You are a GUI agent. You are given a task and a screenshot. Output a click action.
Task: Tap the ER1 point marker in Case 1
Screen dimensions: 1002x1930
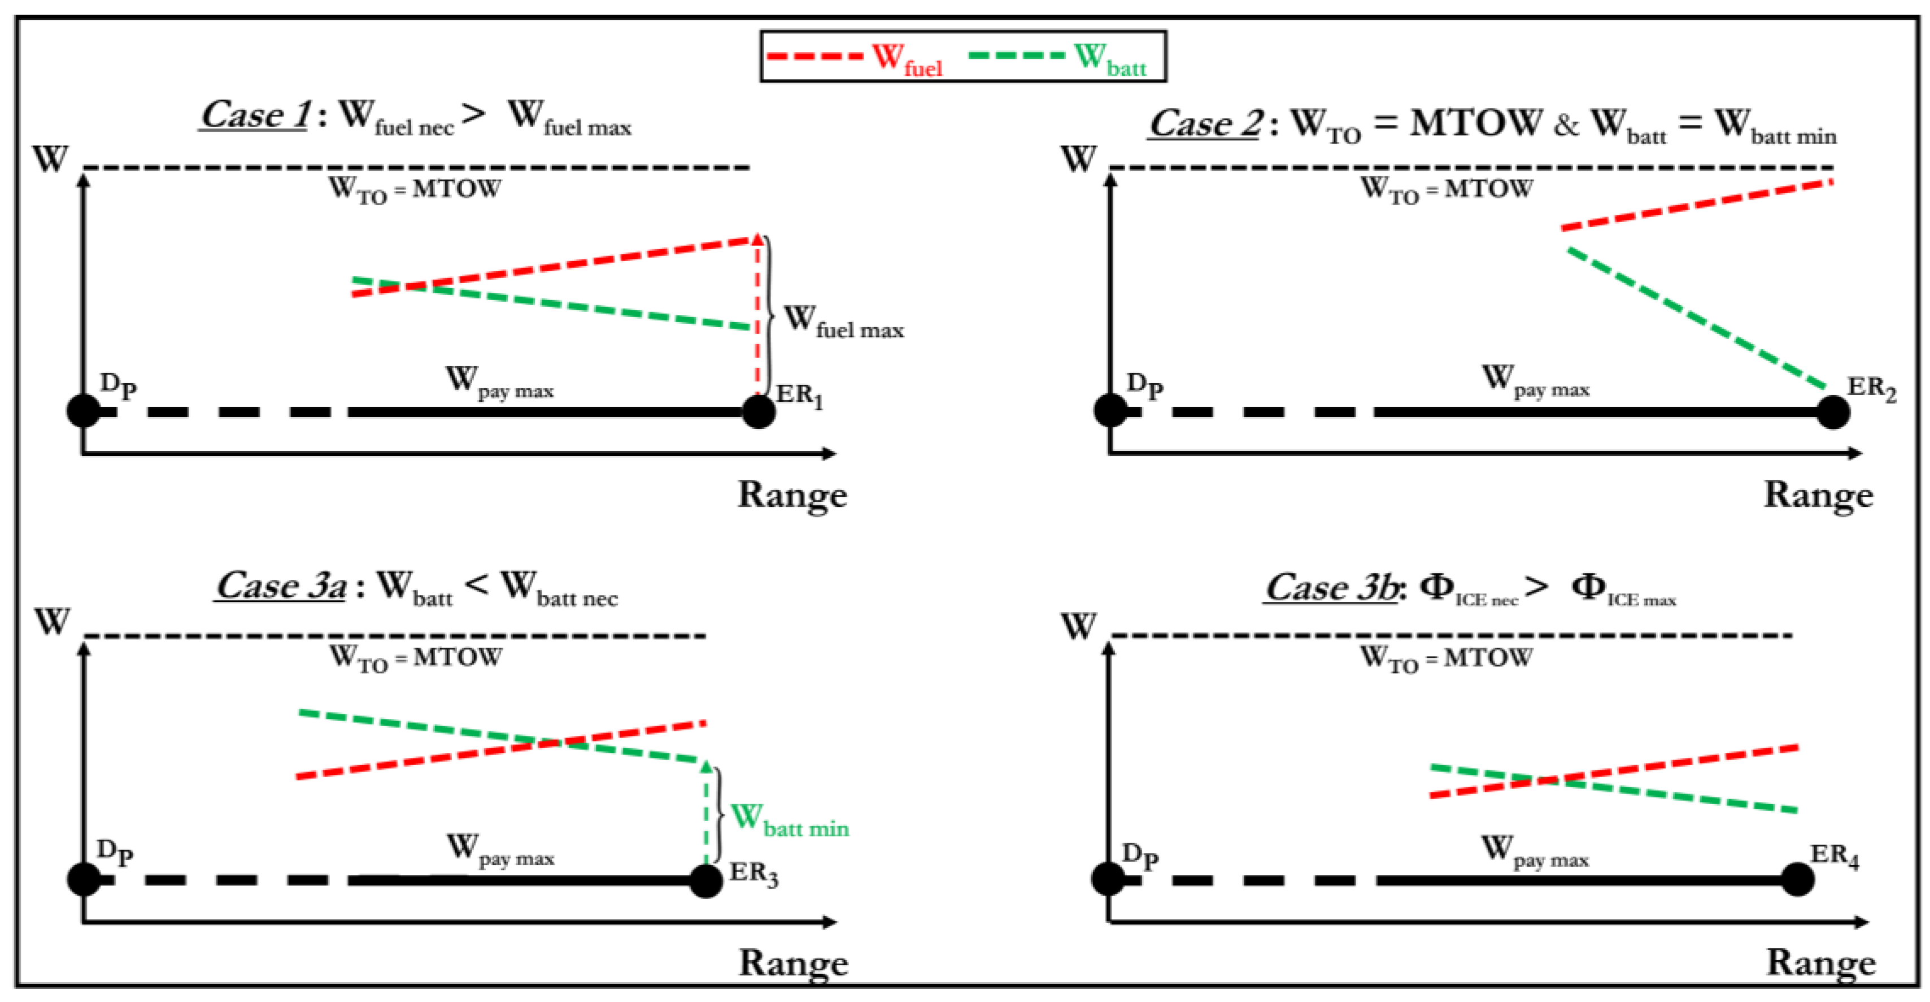pos(758,411)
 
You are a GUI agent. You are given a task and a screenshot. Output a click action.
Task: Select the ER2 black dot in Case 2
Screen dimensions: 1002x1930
pos(1833,411)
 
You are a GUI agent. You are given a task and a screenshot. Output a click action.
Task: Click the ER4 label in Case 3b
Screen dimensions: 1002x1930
pos(1834,855)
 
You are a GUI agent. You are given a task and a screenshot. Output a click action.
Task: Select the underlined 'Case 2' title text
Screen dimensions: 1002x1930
pos(1205,124)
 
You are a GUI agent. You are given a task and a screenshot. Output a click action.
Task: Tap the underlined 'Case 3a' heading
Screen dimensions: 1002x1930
pos(281,586)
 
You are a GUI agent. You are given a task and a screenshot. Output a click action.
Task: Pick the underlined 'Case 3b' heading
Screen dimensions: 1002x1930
pos(1331,588)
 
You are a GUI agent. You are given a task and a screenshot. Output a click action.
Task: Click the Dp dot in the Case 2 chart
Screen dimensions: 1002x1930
pos(1110,411)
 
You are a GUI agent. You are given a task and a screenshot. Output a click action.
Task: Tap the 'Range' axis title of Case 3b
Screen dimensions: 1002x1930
pos(1820,963)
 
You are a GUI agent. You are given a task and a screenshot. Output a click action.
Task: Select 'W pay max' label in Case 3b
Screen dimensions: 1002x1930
pos(1535,852)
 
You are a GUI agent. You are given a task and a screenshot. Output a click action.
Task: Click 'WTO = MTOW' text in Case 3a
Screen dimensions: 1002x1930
pos(416,658)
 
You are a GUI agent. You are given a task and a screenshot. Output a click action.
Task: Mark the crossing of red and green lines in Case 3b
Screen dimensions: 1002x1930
pos(1545,781)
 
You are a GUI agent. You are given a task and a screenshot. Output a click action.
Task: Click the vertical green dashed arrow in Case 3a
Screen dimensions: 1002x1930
pos(706,817)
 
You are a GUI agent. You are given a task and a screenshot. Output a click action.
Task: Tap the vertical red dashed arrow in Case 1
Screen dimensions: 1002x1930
pos(757,315)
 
